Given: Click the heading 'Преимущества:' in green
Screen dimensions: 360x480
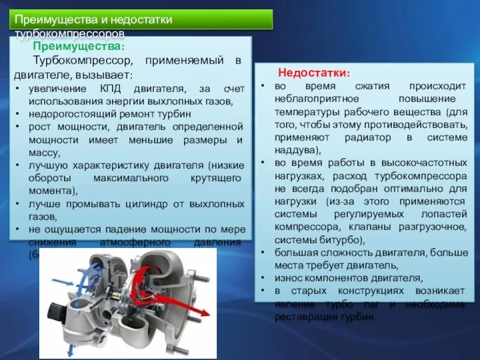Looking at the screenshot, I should click(x=79, y=46).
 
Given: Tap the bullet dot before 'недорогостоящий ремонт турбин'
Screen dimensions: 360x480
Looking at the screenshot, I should click(x=19, y=113).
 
